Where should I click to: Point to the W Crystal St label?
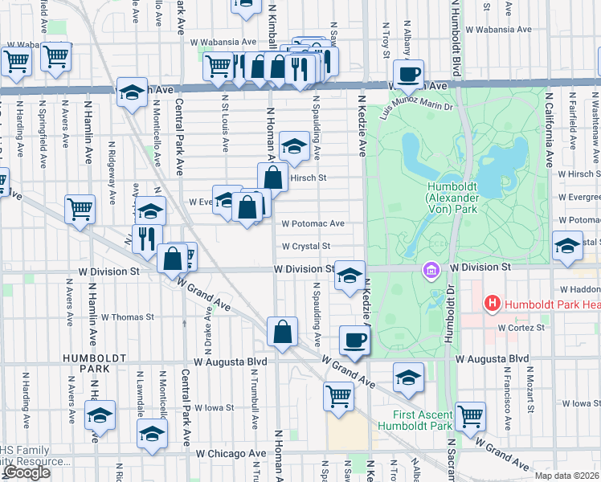click(305, 246)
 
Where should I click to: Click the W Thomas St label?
click(127, 317)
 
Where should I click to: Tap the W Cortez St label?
click(521, 327)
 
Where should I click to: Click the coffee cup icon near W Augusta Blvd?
click(354, 340)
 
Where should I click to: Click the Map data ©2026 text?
click(566, 476)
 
